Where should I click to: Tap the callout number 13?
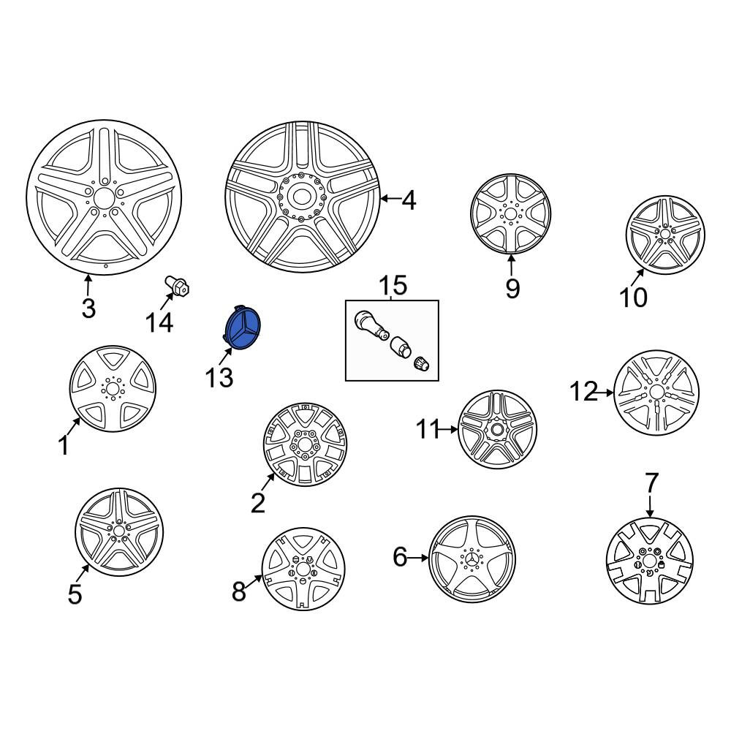[219, 377]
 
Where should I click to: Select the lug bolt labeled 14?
[177, 285]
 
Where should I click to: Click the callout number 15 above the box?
[393, 285]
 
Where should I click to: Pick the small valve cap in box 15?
[422, 363]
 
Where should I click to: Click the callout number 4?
[409, 201]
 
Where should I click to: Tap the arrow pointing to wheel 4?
[390, 199]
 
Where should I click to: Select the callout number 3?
[88, 308]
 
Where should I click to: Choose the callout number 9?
[512, 289]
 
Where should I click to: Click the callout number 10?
[633, 297]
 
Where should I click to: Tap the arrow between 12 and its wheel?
[605, 393]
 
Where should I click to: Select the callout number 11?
[428, 429]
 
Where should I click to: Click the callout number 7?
[651, 482]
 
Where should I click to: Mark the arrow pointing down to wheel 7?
[651, 506]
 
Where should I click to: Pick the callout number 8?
[239, 591]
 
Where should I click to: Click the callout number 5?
[75, 594]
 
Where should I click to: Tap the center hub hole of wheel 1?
[112, 388]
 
